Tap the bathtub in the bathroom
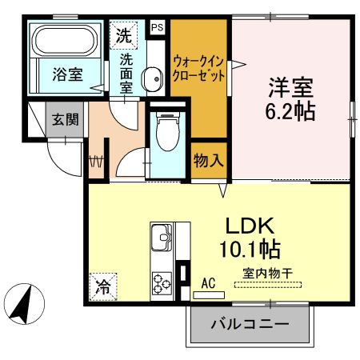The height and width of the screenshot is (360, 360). click(x=65, y=40)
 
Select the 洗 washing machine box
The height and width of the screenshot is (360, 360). click(x=123, y=35)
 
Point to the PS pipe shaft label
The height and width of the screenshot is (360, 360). click(x=156, y=27)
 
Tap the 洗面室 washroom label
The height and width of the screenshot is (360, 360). click(x=126, y=74)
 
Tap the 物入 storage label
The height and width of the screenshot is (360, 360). click(x=207, y=160)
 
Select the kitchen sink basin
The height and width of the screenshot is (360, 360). click(x=161, y=238)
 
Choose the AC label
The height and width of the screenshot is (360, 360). click(x=209, y=282)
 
